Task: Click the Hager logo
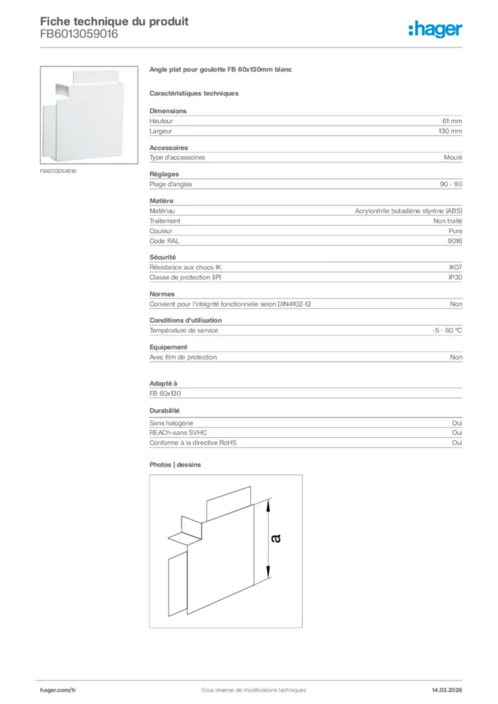click(x=435, y=29)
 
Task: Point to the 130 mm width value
click(x=451, y=131)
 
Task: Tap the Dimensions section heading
click(x=168, y=111)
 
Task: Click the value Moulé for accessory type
click(x=453, y=157)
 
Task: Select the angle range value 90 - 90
click(x=451, y=184)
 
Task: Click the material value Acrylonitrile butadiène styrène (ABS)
click(x=409, y=211)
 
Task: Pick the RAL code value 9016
click(x=455, y=241)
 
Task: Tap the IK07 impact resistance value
click(x=455, y=267)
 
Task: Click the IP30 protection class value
click(x=455, y=277)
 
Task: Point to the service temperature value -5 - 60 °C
click(x=443, y=331)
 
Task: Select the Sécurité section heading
click(x=163, y=257)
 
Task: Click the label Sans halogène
click(x=171, y=423)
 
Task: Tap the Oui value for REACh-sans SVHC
click(x=457, y=433)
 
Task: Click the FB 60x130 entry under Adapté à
click(x=164, y=393)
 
